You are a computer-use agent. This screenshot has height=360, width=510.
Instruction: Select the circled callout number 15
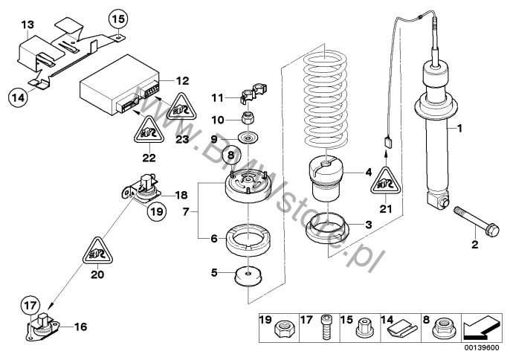click(x=118, y=17)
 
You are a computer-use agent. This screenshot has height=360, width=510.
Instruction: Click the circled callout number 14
click(x=19, y=94)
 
